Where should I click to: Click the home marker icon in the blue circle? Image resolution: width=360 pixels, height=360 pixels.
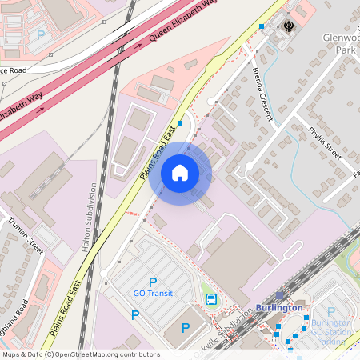coord(179,173)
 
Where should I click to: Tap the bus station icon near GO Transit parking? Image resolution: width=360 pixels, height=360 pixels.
coord(211,299)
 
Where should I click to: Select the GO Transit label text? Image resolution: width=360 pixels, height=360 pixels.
coord(153,294)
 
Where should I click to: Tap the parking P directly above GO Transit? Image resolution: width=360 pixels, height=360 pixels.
coord(153,281)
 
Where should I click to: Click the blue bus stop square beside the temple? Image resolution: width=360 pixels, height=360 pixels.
coord(262,26)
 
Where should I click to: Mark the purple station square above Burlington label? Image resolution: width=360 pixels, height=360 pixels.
coord(280,295)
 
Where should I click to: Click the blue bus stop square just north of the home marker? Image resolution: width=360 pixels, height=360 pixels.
coord(181,123)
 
